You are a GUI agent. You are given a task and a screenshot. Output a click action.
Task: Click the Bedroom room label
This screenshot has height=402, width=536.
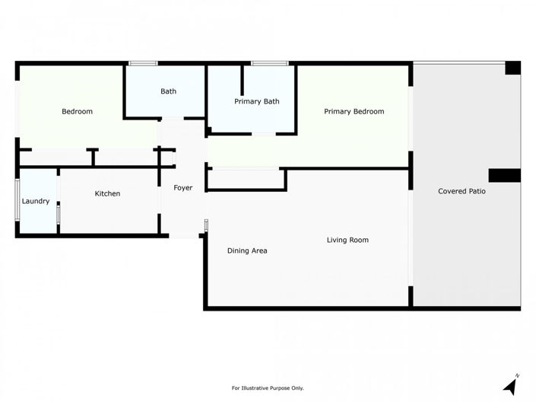[x=77, y=112]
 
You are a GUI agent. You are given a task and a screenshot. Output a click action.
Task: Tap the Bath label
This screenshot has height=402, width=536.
[x=168, y=91]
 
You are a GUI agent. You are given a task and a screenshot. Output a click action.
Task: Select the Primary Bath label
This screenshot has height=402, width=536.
[x=257, y=101]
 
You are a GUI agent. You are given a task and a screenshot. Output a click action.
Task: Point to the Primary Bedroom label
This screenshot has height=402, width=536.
[x=354, y=112]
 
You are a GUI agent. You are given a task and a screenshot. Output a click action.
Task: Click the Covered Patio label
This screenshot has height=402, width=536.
[x=461, y=191]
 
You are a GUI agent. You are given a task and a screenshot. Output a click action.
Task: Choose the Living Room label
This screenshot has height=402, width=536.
[x=347, y=240]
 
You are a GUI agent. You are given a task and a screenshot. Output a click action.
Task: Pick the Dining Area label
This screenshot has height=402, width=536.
[x=247, y=250]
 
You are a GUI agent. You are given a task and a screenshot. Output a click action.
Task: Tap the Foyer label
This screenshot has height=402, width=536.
[x=182, y=187]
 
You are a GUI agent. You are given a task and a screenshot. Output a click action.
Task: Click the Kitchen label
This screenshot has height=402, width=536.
[x=107, y=193]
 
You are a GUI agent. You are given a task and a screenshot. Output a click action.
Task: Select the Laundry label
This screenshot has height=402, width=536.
[x=36, y=201]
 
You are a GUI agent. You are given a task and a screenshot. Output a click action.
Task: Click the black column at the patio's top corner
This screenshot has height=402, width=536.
[x=512, y=68]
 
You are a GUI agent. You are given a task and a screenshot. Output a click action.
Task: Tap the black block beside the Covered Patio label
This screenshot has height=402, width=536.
[x=503, y=175]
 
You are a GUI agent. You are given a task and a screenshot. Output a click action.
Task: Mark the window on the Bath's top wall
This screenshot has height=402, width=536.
[x=143, y=62]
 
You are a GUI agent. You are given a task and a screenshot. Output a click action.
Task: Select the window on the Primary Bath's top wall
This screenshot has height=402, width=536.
[x=265, y=62]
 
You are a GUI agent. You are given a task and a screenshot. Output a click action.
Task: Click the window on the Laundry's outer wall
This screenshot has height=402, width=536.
[x=17, y=199]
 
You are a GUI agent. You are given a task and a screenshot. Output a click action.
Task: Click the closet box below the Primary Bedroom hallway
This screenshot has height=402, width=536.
[x=246, y=180]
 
